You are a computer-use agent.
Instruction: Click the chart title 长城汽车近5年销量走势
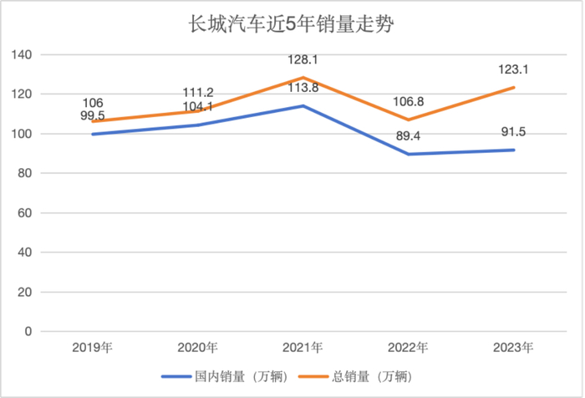292,24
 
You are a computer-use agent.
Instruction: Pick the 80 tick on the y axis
24,173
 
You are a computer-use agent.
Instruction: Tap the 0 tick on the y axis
28,331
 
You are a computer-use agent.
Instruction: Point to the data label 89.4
408,136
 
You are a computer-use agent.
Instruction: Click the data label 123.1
513,70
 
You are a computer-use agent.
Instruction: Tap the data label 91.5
513,132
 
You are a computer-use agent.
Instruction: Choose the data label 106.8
408,102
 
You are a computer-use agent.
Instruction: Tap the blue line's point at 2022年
408,154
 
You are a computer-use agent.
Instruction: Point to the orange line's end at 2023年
513,88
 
